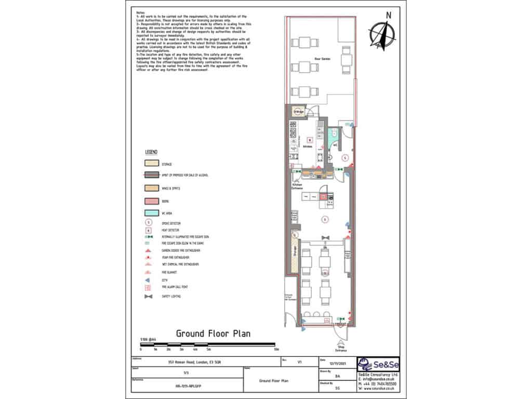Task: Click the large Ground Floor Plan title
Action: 213,334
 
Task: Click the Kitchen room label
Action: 308,147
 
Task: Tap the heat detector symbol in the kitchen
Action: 310,139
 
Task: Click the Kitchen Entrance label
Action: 297,187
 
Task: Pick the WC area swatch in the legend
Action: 150,214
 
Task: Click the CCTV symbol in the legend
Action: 149,278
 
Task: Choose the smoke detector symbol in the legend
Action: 149,222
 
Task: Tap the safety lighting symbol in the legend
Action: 149,297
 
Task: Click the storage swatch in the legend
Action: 150,164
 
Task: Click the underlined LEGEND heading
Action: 151,152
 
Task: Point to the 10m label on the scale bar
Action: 276,350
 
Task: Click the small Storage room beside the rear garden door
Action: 299,111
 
